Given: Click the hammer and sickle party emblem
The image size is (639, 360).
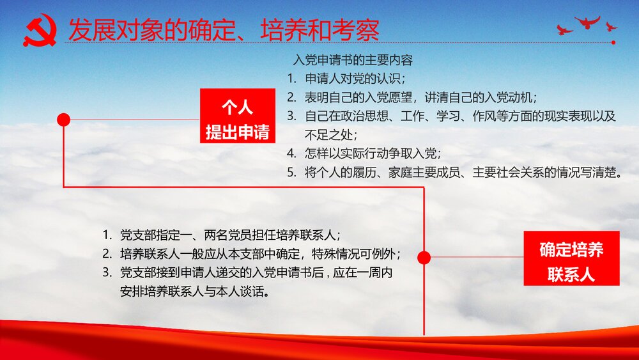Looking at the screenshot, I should [40, 31].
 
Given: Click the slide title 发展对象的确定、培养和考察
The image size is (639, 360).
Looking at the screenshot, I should [223, 30].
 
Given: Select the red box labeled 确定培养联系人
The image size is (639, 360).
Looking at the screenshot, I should [571, 258].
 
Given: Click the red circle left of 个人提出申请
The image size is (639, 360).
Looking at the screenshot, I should [63, 120].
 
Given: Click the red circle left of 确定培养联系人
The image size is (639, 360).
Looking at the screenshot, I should [424, 257].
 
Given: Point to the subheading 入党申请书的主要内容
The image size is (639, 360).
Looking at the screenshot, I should [352, 61].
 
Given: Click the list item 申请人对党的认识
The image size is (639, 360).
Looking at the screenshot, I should [355, 79].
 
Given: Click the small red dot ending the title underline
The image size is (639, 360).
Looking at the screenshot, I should [613, 43].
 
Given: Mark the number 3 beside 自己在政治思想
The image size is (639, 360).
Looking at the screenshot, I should [291, 116].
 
